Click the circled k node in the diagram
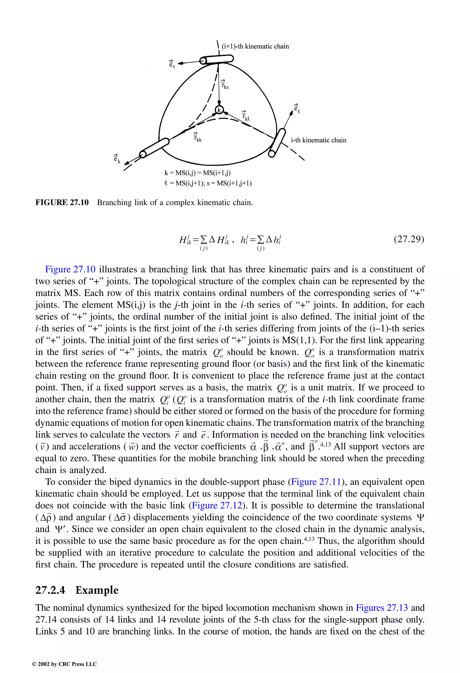click(219, 110)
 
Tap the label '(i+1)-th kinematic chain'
click(255, 46)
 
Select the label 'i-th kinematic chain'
click(318, 140)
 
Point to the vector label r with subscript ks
click(225, 85)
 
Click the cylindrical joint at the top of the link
click(216, 60)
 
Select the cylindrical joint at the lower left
click(154, 148)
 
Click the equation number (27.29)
click(409, 239)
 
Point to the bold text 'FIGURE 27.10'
click(62, 202)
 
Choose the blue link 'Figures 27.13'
click(382, 608)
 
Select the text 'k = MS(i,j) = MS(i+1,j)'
click(197, 173)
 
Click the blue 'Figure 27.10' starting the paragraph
click(70, 269)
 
